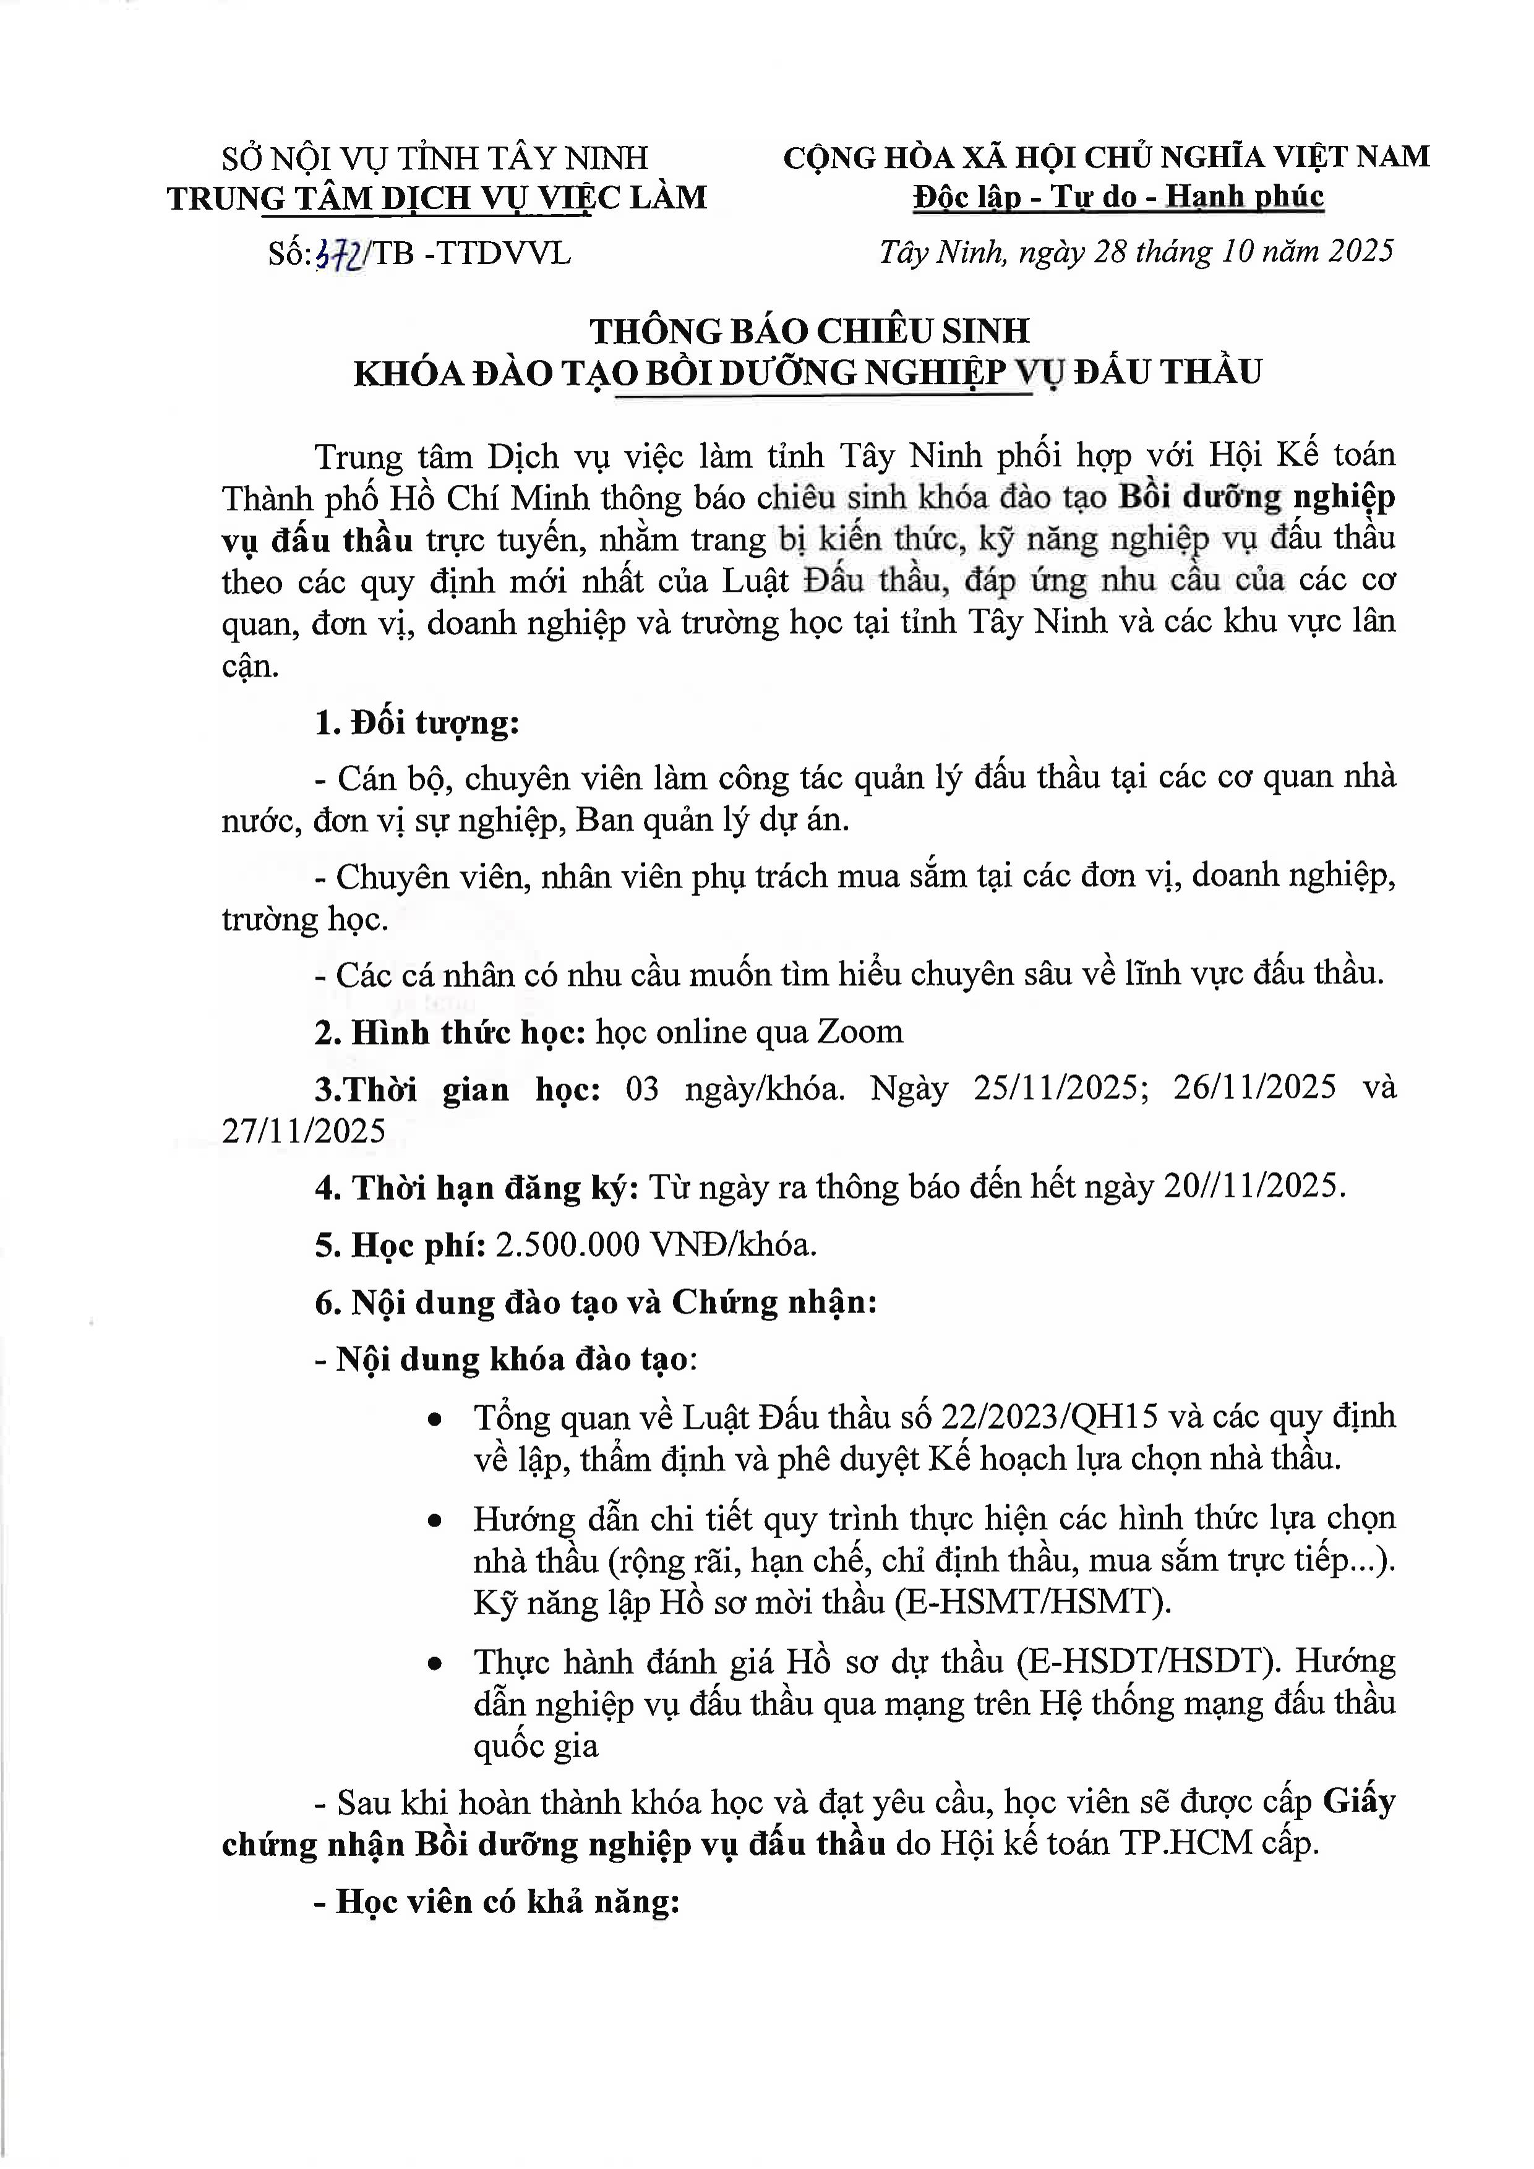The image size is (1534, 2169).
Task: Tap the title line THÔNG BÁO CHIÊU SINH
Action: [x=810, y=332]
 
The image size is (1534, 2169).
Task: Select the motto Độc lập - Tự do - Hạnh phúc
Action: [x=1118, y=197]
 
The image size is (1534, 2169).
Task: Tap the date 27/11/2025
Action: [x=304, y=1131]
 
